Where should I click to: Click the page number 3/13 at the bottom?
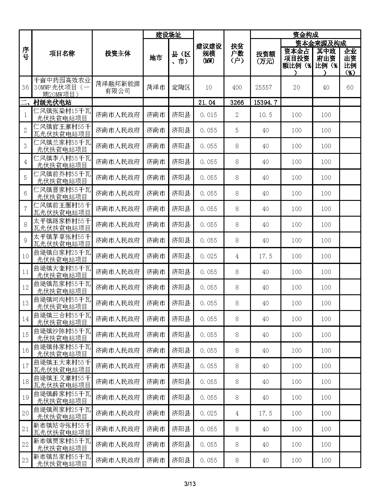click(x=190, y=484)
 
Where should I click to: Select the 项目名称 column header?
click(x=62, y=54)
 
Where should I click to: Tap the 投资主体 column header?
click(x=117, y=54)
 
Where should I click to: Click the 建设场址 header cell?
click(x=168, y=35)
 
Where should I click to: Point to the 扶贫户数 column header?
click(x=237, y=54)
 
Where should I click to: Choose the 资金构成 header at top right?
click(x=305, y=35)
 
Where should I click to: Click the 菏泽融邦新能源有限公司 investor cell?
click(x=117, y=87)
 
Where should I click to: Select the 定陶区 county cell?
click(x=181, y=87)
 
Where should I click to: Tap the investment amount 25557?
click(x=265, y=87)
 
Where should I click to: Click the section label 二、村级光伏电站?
click(x=46, y=103)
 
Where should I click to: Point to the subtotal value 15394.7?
click(x=265, y=103)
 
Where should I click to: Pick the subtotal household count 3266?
click(x=237, y=103)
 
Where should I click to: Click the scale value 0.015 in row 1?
click(x=209, y=115)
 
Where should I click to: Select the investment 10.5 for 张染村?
click(x=265, y=115)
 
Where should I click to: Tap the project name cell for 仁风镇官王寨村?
click(x=62, y=130)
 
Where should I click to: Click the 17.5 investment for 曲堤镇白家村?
click(x=265, y=256)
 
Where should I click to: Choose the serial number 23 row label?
click(x=25, y=460)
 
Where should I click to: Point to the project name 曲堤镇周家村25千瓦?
click(x=62, y=413)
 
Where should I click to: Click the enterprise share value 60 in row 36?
click(x=350, y=87)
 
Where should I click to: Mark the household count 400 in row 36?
click(x=237, y=87)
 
